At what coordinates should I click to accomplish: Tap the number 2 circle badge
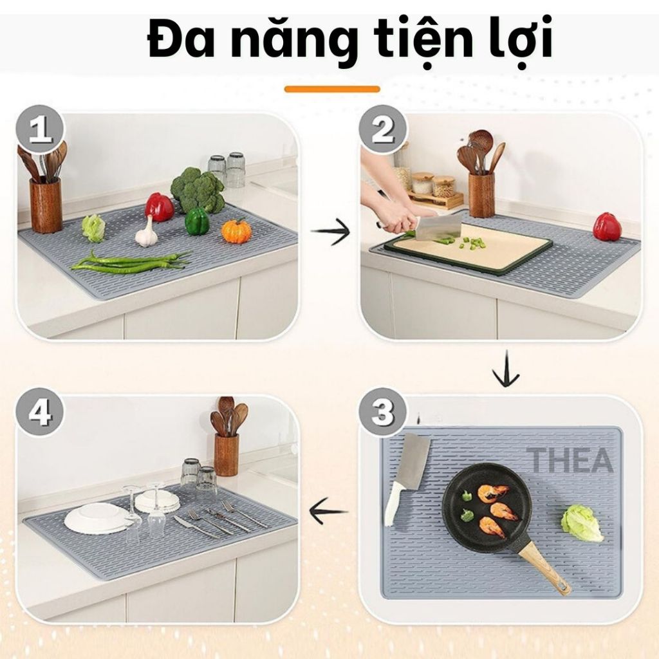(384, 129)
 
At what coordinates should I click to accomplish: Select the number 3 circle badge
(383, 411)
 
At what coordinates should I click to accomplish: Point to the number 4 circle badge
(41, 411)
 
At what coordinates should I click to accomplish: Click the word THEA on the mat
(570, 459)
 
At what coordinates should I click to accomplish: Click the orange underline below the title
(332, 89)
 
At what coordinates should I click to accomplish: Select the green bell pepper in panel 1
(197, 221)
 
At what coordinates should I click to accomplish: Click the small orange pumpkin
(236, 231)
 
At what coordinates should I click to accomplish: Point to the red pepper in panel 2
(608, 227)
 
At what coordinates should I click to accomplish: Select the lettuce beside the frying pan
(582, 523)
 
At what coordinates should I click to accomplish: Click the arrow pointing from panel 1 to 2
(330, 232)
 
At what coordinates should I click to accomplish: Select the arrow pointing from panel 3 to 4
(328, 510)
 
